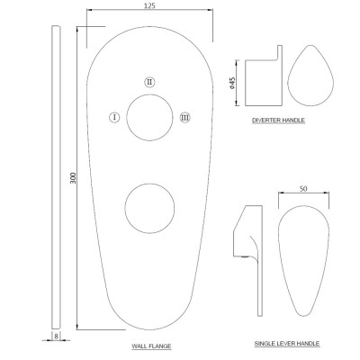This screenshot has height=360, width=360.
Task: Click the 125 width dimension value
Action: tap(149, 5)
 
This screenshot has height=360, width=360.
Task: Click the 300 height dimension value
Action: tap(73, 178)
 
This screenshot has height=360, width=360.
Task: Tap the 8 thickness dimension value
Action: tap(56, 337)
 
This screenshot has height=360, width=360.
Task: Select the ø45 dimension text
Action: tap(231, 83)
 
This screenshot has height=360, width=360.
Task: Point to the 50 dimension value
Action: tap(303, 189)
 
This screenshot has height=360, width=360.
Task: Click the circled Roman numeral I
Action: tap(114, 117)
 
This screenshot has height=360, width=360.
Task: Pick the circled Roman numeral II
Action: tap(149, 82)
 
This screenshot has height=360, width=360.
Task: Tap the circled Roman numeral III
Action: tap(185, 117)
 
